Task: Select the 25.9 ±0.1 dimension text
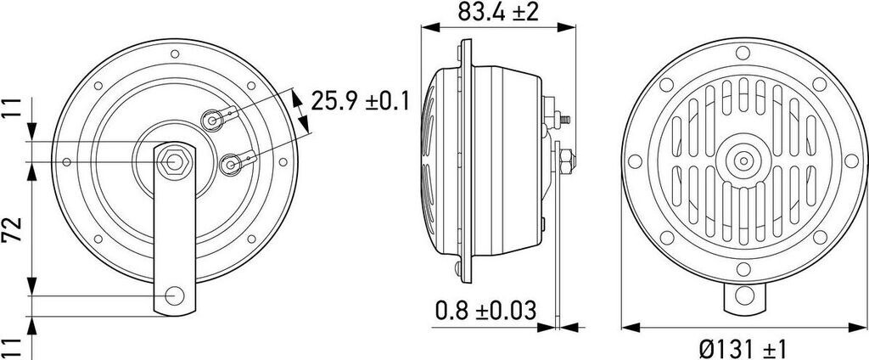click(361, 102)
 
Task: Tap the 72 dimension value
click(12, 228)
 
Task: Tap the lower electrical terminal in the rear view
click(231, 162)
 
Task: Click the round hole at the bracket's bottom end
click(175, 295)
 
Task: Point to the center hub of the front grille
click(744, 160)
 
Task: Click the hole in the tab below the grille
click(744, 296)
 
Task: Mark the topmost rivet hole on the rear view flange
click(175, 54)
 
